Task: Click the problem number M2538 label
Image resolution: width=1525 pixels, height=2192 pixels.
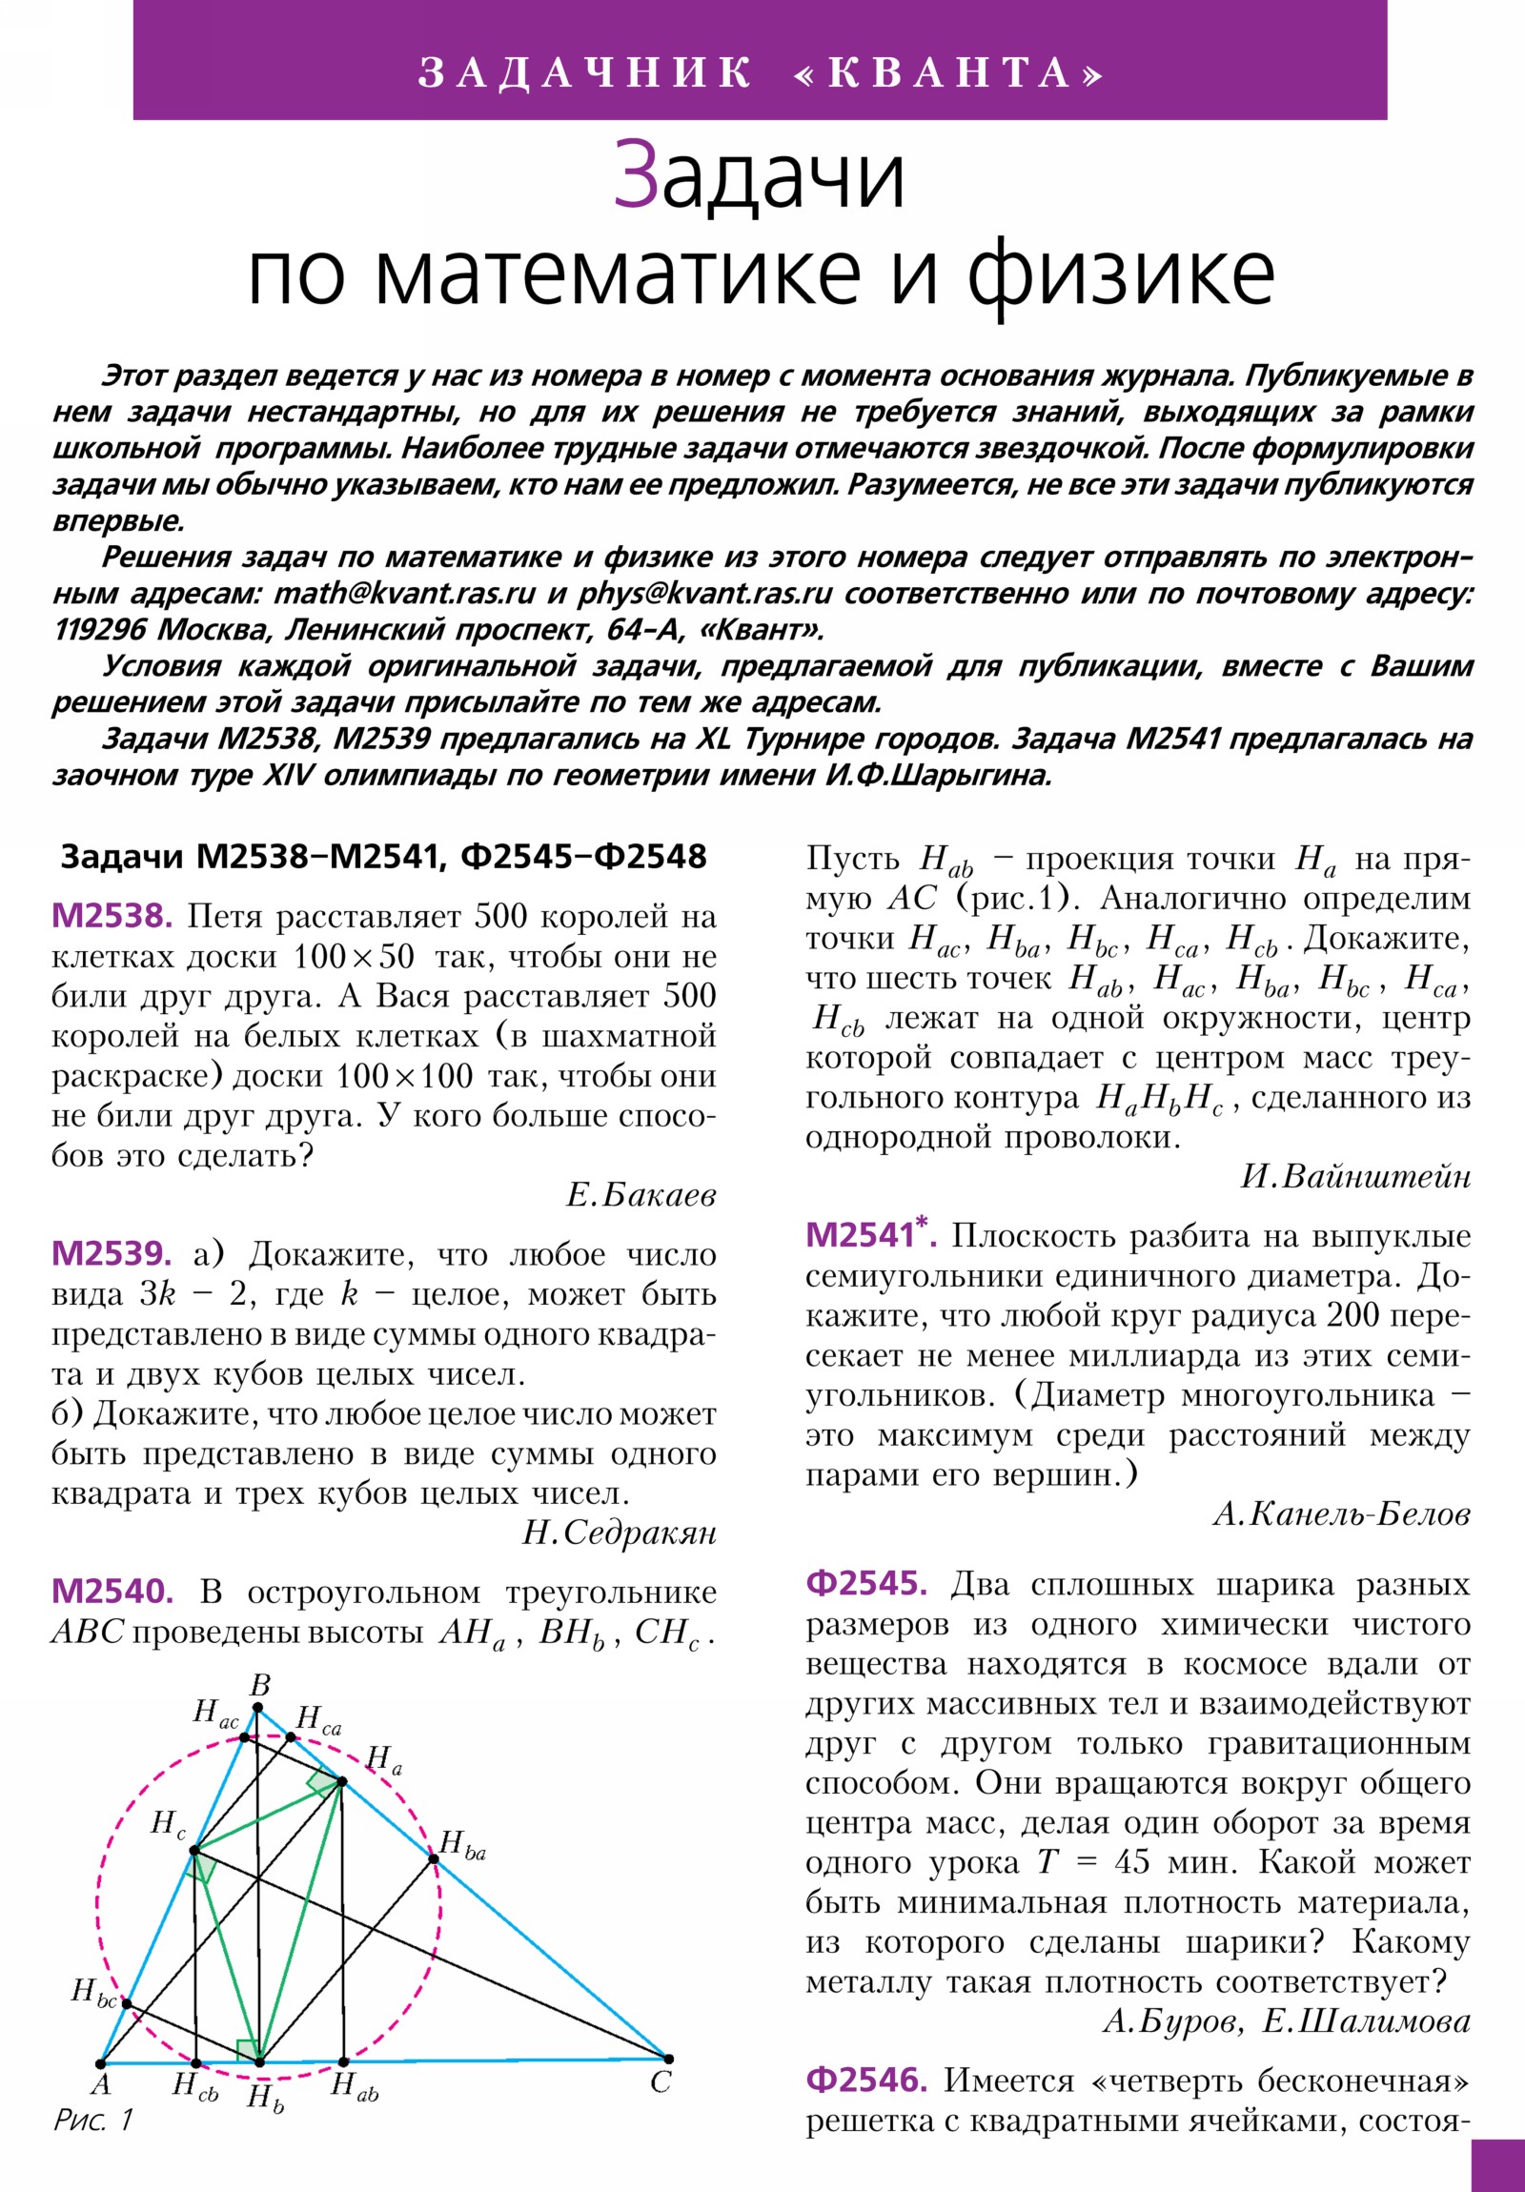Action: (112, 918)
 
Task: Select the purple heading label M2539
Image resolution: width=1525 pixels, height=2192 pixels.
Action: (112, 1254)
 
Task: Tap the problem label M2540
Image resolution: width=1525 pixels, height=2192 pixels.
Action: (112, 1592)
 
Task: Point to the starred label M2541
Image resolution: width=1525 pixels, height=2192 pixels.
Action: (868, 1234)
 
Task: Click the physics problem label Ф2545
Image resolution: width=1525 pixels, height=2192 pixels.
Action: (866, 1583)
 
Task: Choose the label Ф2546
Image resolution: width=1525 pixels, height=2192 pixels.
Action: (866, 2080)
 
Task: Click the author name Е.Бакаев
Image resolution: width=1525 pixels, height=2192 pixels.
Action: (640, 1195)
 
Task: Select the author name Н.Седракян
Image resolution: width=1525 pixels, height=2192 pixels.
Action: (619, 1533)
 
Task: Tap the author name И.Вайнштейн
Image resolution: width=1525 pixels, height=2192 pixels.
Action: (1355, 1176)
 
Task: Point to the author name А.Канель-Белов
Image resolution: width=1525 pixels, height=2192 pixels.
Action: (1342, 1514)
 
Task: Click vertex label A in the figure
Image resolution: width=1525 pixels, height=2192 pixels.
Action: (101, 2084)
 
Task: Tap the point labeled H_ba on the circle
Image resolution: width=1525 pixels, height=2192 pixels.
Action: (433, 1857)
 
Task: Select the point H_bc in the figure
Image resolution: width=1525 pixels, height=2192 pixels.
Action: (127, 2004)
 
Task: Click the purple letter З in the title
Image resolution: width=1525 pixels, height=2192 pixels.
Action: (636, 175)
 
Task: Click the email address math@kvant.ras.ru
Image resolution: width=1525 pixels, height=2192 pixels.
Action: (405, 594)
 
